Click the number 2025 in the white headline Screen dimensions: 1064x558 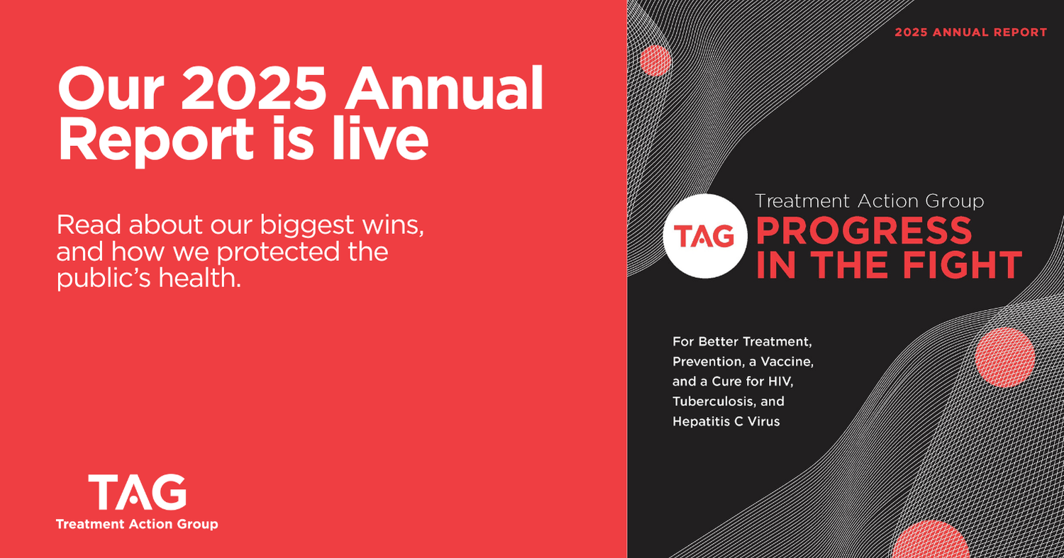coord(254,88)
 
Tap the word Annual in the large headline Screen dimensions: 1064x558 coord(444,88)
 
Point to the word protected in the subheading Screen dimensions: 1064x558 coord(279,252)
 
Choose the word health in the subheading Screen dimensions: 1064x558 coord(199,278)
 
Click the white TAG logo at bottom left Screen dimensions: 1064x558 coord(138,492)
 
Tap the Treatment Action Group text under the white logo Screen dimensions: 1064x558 coord(137,524)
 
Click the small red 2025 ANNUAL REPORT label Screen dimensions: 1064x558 coord(971,33)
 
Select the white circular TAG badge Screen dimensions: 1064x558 coord(705,236)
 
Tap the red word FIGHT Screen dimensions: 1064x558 coord(963,264)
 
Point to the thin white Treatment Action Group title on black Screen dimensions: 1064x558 coord(869,201)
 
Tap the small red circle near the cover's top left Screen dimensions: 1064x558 coord(655,61)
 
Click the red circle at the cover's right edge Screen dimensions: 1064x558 coord(1004,357)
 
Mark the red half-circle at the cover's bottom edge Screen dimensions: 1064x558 coord(930,540)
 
